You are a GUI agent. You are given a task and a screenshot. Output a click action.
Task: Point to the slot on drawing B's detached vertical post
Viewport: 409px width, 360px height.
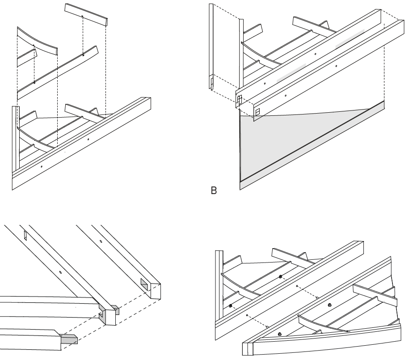[x=211, y=84]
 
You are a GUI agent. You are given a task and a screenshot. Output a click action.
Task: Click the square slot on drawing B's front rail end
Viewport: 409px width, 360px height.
[x=257, y=111]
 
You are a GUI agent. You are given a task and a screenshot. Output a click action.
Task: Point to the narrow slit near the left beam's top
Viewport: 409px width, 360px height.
[x=25, y=235]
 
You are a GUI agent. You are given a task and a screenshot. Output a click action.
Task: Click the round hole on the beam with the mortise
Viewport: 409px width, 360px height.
[x=101, y=242]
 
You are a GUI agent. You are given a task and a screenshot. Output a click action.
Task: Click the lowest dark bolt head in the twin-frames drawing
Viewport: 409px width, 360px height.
[x=279, y=334]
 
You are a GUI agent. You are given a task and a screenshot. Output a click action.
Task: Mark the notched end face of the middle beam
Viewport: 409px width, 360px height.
[x=108, y=316]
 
